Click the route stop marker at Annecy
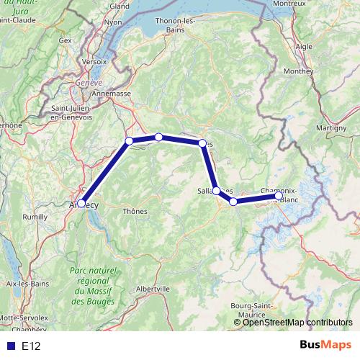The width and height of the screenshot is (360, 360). click(81, 204)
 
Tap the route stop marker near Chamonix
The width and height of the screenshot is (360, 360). click(279, 195)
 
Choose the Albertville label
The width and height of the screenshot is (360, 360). click(153, 288)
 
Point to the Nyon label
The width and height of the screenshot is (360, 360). click(114, 22)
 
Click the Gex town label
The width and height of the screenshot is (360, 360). click(66, 41)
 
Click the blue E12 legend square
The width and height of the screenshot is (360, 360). click(10, 346)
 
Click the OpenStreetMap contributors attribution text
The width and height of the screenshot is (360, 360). click(297, 323)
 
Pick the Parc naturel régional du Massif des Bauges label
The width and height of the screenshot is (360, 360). click(92, 286)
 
